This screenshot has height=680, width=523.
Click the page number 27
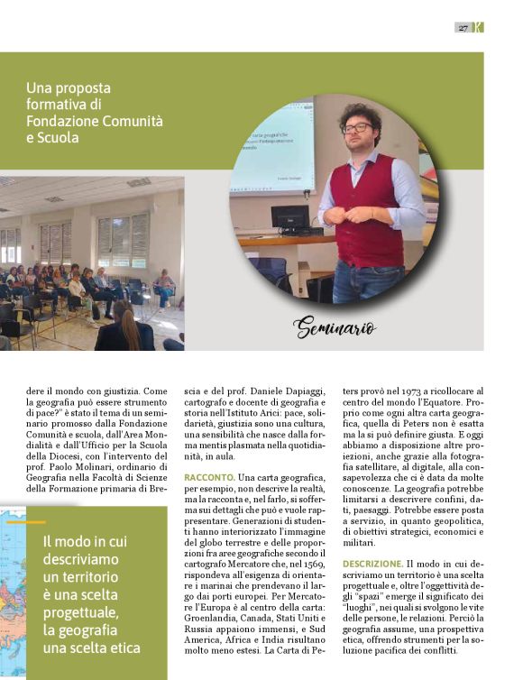(x=463, y=28)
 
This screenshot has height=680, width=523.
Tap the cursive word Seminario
(x=333, y=327)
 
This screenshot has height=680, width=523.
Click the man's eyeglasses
(x=357, y=127)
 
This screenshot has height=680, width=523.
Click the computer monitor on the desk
(x=290, y=219)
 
